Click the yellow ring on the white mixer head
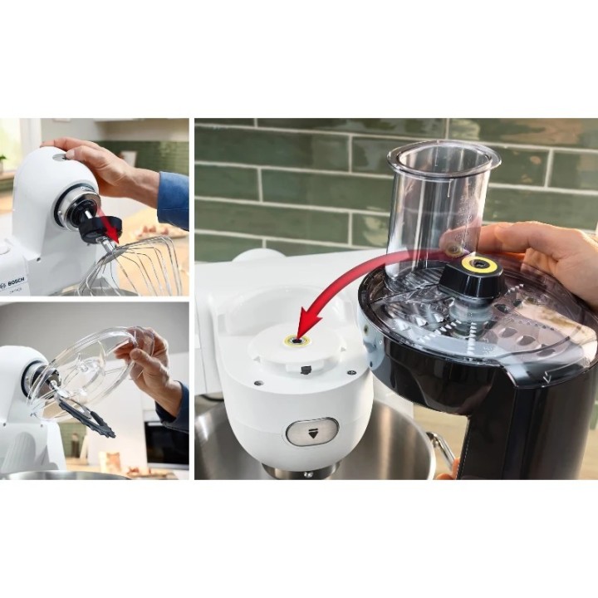pyautogui.click(x=297, y=340)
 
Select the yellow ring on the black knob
pyautogui.click(x=480, y=265)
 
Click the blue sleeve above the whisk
pyautogui.click(x=174, y=199)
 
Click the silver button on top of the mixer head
pyautogui.click(x=57, y=155)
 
